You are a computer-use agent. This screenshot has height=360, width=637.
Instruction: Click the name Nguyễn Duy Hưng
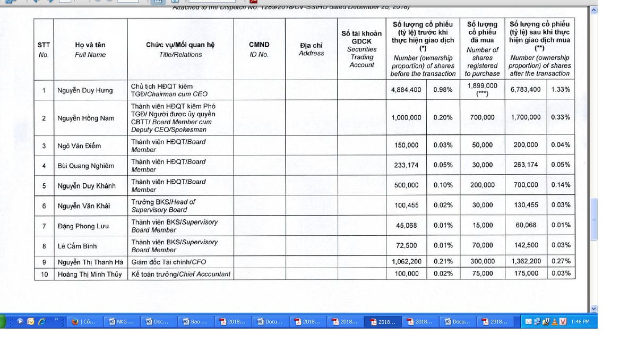85,90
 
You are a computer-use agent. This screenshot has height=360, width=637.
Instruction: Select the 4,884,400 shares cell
406,90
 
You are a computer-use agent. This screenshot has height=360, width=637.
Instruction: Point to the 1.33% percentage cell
561,90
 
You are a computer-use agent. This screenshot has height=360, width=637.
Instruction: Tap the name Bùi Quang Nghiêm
85,166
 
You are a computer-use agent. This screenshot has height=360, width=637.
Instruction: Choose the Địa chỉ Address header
311,49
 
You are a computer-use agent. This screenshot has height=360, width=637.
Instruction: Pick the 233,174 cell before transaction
406,165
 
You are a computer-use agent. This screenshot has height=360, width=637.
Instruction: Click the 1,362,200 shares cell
526,261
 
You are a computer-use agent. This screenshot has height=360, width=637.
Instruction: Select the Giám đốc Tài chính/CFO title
169,262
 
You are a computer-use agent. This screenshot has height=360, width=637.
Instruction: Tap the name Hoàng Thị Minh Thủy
90,274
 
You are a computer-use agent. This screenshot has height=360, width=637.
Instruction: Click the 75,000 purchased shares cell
482,273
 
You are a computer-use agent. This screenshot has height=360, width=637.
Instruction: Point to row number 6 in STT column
44,206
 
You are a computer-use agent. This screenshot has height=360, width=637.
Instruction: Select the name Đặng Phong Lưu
83,226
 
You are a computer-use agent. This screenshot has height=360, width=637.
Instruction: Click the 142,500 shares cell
526,245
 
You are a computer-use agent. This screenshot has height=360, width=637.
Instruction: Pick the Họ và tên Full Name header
90,49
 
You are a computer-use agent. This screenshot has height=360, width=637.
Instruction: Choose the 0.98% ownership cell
443,90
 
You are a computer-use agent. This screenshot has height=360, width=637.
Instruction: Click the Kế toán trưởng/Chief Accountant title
181,274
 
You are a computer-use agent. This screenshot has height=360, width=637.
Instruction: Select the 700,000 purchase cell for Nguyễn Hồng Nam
482,117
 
